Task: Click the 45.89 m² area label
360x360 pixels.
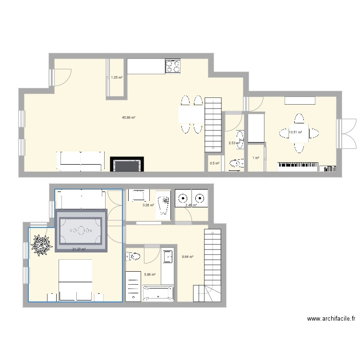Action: (129, 118)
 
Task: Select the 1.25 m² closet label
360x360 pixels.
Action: (116, 77)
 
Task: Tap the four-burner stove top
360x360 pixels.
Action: (173, 66)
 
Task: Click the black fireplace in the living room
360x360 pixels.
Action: (127, 164)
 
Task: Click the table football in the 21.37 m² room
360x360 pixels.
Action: (81, 231)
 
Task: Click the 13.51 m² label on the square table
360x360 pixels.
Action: (295, 132)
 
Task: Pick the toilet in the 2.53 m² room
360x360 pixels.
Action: (235, 165)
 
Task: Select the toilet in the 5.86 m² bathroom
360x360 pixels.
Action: (134, 258)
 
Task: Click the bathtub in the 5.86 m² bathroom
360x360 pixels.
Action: (158, 293)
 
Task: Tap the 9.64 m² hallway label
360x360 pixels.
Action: (187, 257)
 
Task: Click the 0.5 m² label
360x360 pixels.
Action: (214, 163)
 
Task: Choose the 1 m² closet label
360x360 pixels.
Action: (255, 158)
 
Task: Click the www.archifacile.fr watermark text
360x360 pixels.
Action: (331, 318)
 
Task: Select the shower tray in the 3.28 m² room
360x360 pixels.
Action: (163, 205)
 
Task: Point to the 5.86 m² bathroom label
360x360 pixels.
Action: (150, 275)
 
